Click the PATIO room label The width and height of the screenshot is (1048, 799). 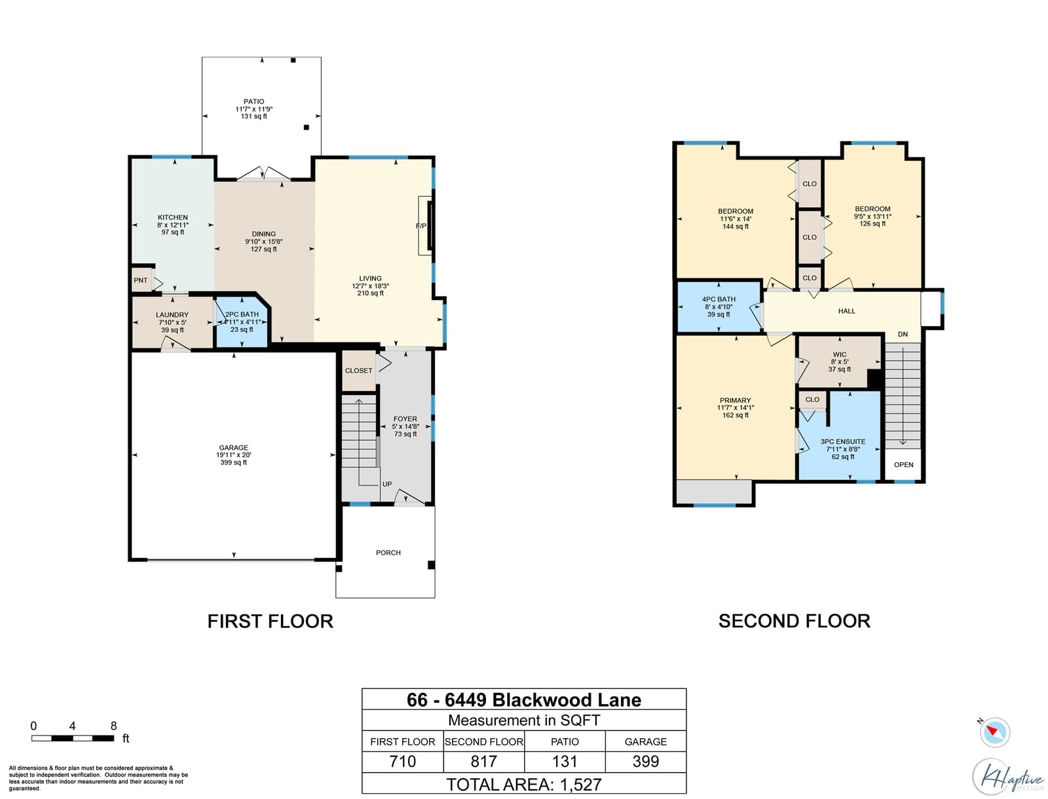[253, 102]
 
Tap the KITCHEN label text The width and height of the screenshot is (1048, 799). [173, 217]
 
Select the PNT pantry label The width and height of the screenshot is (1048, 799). [140, 280]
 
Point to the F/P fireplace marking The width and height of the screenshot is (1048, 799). [421, 226]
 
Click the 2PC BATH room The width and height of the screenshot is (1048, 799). [242, 322]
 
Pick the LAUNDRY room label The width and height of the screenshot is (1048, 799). [172, 315]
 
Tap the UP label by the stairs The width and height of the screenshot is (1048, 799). [386, 484]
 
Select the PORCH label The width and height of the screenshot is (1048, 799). [388, 553]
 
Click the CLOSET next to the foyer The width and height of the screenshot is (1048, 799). [358, 371]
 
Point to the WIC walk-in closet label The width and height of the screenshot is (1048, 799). [839, 354]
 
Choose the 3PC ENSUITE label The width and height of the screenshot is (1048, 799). [843, 442]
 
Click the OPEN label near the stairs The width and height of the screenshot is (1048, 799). [903, 465]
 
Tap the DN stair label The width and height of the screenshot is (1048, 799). [903, 335]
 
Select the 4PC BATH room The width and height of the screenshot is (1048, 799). [719, 307]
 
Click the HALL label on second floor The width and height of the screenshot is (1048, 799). [846, 311]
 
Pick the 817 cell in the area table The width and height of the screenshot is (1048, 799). [483, 761]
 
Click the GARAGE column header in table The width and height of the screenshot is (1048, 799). [646, 742]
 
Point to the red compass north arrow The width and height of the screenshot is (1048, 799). [994, 731]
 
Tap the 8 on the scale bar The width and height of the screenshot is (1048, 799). [113, 726]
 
